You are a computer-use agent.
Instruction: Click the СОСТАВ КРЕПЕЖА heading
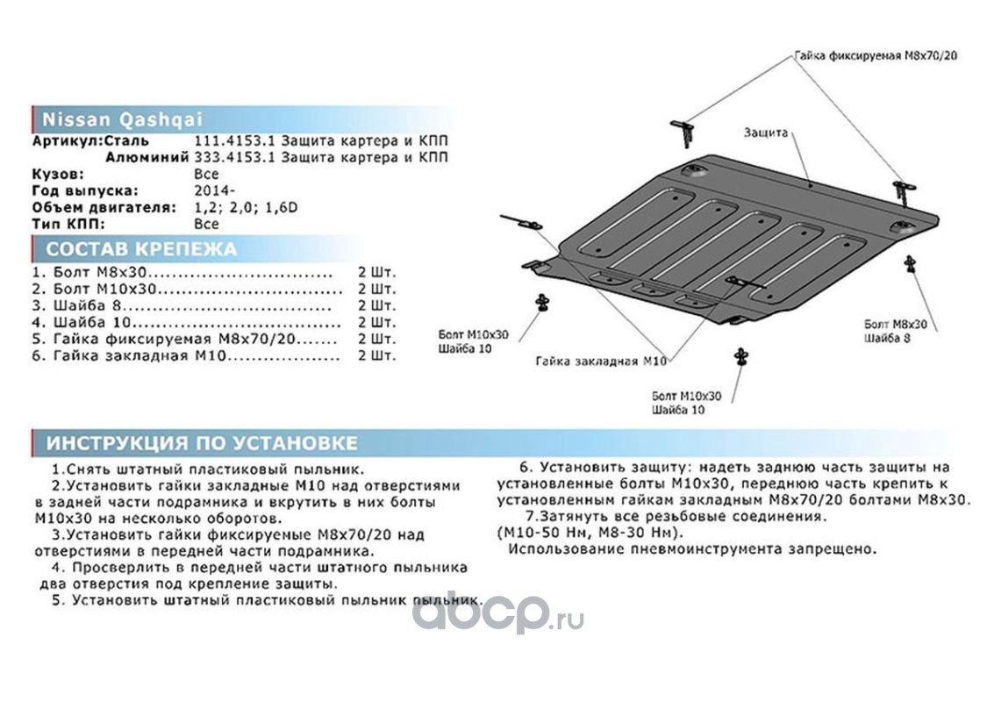141,249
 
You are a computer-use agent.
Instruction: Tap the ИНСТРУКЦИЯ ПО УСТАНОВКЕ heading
202,443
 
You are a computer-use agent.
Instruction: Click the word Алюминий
147,158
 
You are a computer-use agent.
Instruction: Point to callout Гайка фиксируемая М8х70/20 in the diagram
875,54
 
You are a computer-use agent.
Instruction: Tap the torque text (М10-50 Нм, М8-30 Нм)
587,533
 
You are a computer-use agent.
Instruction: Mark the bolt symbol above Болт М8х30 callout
910,263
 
